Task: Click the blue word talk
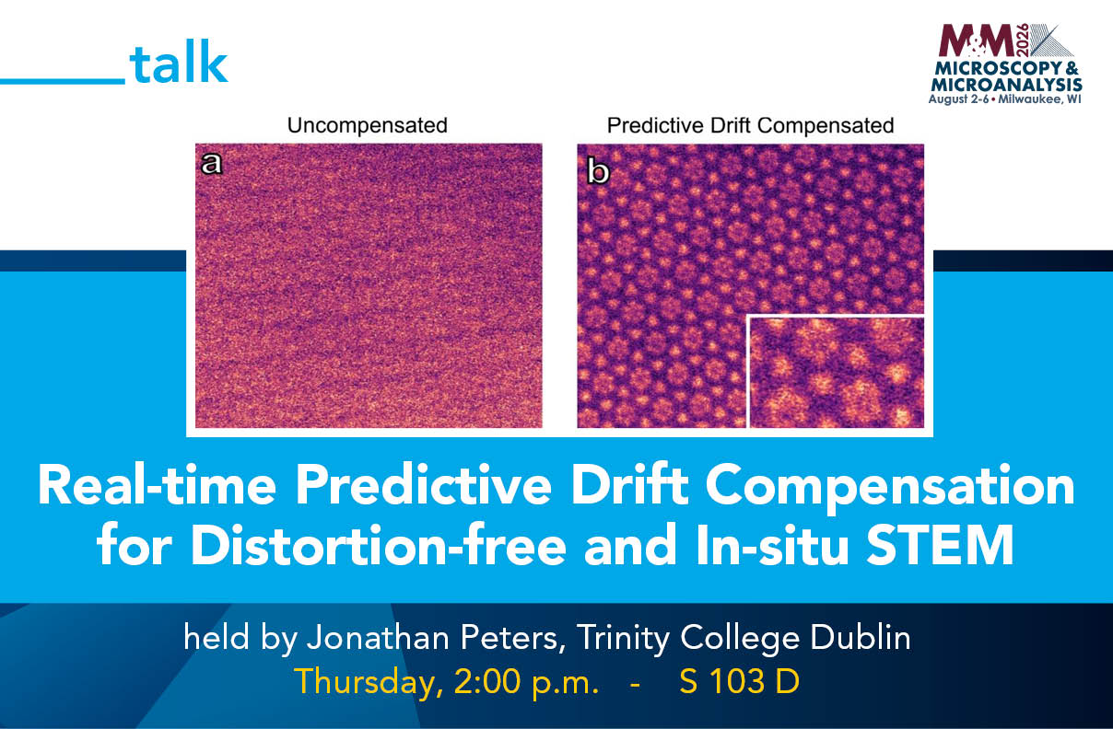coord(179,64)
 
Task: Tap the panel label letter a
coord(211,163)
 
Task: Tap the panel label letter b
coord(598,171)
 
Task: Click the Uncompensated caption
coord(368,125)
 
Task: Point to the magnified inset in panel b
coord(837,371)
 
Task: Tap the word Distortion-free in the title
coord(378,545)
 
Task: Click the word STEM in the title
coord(940,545)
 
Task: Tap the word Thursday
coord(369,682)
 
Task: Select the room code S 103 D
coord(739,681)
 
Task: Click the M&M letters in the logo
coord(976,40)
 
